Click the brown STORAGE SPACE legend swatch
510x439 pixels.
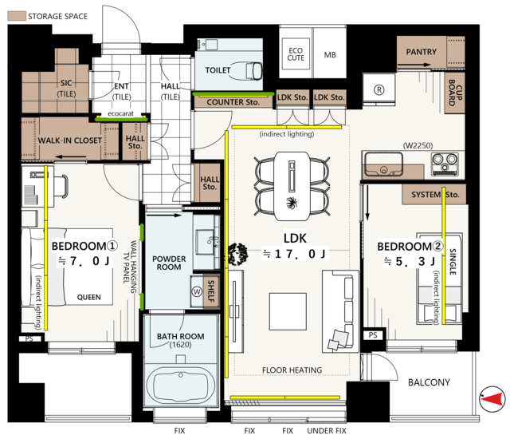[x=17, y=16]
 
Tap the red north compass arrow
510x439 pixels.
[x=491, y=398]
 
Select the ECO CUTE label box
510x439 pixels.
[x=296, y=54]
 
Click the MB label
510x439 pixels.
[x=330, y=55]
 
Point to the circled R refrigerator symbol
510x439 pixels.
[x=379, y=89]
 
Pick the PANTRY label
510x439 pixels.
[x=422, y=52]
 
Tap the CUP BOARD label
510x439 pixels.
[x=455, y=93]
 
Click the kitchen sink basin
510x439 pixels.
[x=383, y=164]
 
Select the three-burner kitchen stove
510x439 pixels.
[x=445, y=164]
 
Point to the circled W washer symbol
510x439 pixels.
[x=197, y=291]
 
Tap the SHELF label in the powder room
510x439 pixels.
[x=210, y=291]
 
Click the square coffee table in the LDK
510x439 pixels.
[x=288, y=311]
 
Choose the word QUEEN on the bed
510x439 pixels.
[x=88, y=298]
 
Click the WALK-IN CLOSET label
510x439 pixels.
[x=70, y=140]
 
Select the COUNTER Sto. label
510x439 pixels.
[x=233, y=102]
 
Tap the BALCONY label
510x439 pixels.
[x=429, y=382]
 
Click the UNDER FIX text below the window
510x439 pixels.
[x=327, y=431]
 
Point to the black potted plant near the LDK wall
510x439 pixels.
[x=237, y=254]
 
